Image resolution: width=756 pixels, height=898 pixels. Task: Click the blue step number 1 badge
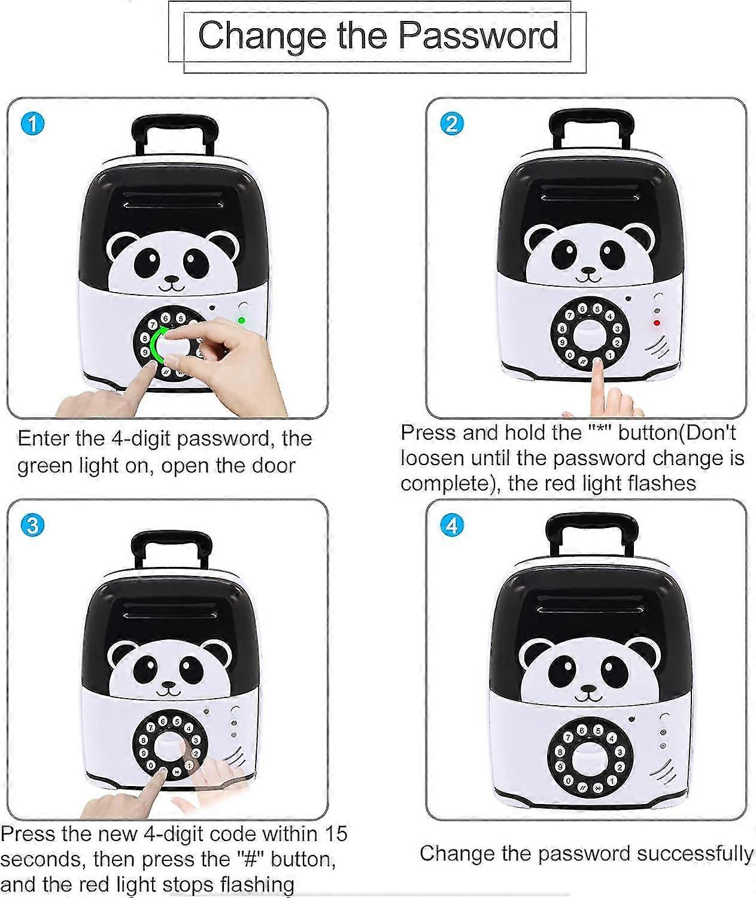click(x=33, y=125)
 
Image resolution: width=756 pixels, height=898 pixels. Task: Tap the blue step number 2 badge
click(x=452, y=125)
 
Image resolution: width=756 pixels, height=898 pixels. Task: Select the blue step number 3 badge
click(x=33, y=526)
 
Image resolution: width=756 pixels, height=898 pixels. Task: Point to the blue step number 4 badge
click(x=452, y=525)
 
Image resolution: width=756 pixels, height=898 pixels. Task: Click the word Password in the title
click(x=479, y=36)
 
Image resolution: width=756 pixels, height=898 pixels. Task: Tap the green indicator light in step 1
click(x=242, y=320)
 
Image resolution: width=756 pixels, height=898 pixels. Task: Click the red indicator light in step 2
click(x=657, y=323)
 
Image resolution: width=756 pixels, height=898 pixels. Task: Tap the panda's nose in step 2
click(x=588, y=271)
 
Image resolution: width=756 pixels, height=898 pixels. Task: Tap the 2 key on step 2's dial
click(x=617, y=343)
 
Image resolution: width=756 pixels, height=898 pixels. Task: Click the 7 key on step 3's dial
click(x=151, y=728)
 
